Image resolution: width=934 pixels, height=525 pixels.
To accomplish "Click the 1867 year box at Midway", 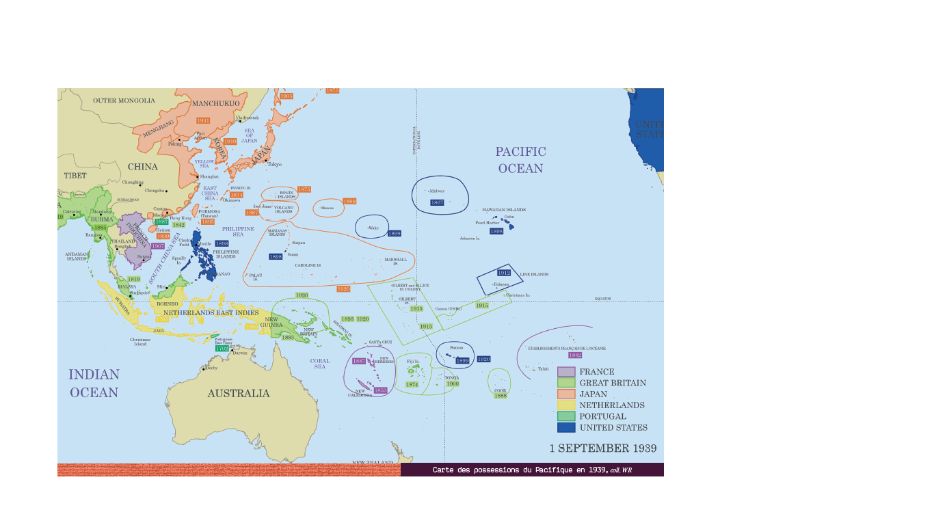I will [x=437, y=202].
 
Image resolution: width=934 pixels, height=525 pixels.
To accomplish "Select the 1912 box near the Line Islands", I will [x=504, y=273].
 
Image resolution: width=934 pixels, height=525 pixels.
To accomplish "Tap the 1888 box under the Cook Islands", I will [x=501, y=396].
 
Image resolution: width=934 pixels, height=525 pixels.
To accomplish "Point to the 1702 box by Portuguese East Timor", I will [x=222, y=349].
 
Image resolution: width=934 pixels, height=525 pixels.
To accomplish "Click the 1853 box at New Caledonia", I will [x=380, y=390].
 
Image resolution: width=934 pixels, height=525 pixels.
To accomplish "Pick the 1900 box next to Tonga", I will [x=452, y=383].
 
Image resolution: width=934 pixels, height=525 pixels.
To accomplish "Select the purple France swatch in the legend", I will [x=566, y=372].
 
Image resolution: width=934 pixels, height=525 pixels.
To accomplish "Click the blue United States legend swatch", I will [x=566, y=427].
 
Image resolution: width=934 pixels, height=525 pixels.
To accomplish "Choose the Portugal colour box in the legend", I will [x=566, y=416].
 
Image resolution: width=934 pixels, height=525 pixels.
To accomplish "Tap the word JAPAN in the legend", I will [x=593, y=394].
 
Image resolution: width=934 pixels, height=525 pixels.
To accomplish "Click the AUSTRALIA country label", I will [x=239, y=393].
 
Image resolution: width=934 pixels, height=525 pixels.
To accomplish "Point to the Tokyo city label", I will [x=274, y=164].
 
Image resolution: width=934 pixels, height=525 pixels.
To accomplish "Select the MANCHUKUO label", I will [x=216, y=104].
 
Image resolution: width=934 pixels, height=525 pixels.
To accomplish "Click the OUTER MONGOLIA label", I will [x=124, y=100].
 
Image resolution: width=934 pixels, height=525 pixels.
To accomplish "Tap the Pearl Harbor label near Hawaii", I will [x=488, y=223].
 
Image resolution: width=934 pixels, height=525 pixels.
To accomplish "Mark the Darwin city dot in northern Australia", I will [x=232, y=351].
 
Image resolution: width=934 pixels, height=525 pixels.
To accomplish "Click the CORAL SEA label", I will [x=320, y=364].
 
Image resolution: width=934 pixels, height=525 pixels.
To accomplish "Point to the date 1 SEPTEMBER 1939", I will [x=603, y=448].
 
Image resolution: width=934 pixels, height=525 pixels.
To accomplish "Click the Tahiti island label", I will [x=543, y=369].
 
